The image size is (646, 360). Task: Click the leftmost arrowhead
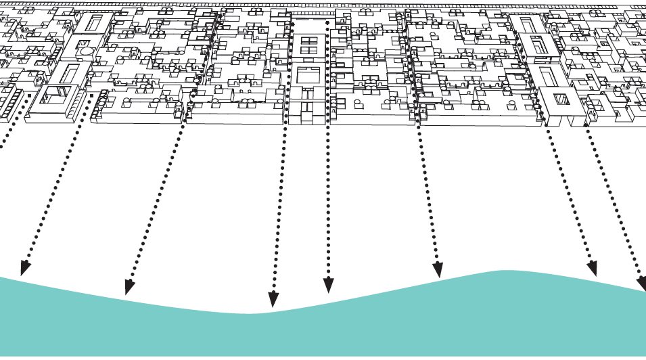pos(24,268)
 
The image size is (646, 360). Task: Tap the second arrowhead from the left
pos(129,287)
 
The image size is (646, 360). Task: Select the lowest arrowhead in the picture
pos(273,299)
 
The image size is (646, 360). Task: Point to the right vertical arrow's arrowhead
pos(328,285)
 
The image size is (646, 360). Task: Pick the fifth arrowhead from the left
pos(438,269)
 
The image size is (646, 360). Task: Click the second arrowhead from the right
pos(592,268)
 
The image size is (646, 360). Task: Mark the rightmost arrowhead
pos(641,283)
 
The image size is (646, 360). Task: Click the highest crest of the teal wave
pos(504,272)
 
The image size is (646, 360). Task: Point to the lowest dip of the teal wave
pos(250,314)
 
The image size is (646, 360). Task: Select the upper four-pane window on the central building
pos(308,45)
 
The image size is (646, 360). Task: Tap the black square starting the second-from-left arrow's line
pos(193,95)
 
